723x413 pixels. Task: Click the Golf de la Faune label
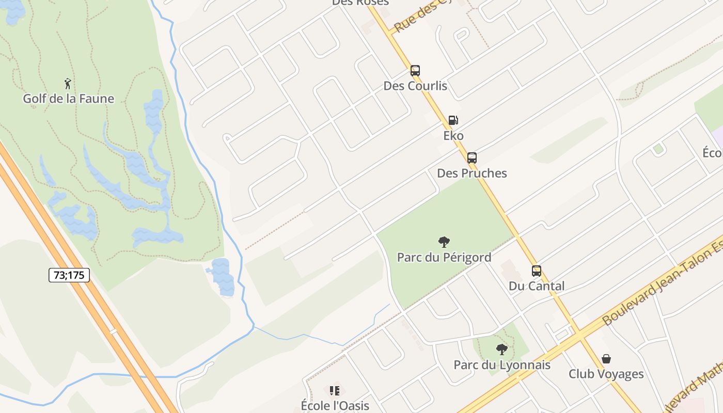tap(68, 98)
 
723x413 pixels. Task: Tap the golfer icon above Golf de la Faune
tap(68, 83)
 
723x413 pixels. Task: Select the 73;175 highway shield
tap(69, 275)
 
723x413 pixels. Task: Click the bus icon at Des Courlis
tap(415, 71)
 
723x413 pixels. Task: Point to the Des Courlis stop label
tap(415, 86)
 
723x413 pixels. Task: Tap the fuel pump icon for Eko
tap(453, 120)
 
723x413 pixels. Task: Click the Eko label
tap(453, 136)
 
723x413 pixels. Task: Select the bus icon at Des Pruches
tap(472, 158)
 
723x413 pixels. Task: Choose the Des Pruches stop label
tap(472, 173)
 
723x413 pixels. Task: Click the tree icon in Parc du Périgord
tap(444, 242)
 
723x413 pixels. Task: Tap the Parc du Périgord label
tap(444, 257)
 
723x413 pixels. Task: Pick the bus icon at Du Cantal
tap(537, 271)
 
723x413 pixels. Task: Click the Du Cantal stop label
tap(537, 286)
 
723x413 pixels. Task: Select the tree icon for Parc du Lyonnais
tap(501, 350)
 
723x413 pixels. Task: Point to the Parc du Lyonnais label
tap(502, 365)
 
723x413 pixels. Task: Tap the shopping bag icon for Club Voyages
tap(606, 359)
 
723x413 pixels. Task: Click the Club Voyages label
tap(606, 374)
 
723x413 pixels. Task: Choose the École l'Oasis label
tap(335, 405)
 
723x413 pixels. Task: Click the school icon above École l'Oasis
tap(335, 390)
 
